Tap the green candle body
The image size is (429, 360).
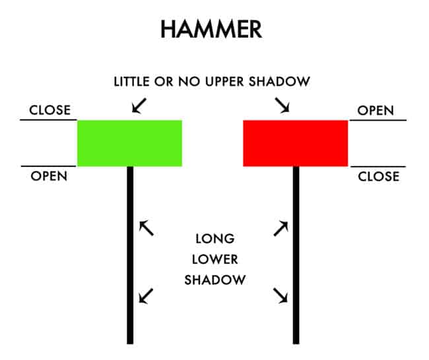coord(129,142)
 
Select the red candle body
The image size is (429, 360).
coord(295,142)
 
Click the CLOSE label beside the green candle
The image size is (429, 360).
coord(49,110)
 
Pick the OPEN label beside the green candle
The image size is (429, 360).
coord(49,176)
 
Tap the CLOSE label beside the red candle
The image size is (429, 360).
coord(378,176)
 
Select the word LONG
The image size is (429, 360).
coord(214,238)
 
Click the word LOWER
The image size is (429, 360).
coord(214,258)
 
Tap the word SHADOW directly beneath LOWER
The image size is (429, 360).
coord(214,280)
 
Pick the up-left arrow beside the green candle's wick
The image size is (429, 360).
coord(147,228)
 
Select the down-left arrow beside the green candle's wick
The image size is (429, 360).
coord(147,295)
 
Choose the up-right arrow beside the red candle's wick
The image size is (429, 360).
coord(281,228)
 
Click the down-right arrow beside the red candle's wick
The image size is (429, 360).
coord(281,295)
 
